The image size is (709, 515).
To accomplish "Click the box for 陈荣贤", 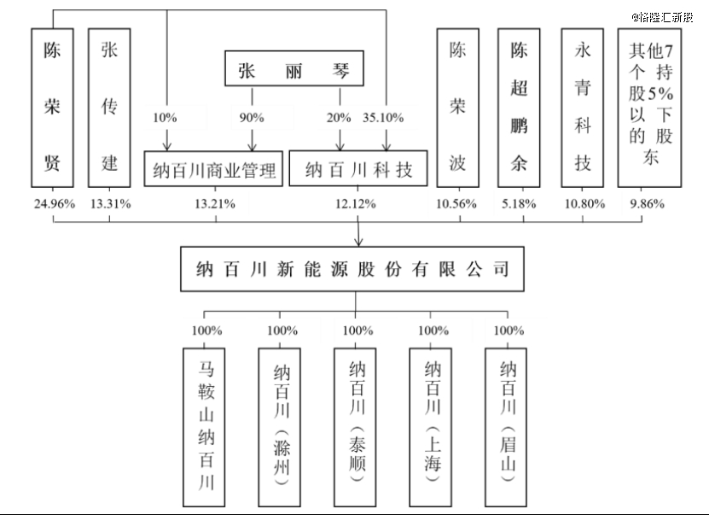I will [53, 107].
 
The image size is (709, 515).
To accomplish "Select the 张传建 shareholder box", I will [109, 107].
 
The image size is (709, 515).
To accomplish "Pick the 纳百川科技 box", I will [359, 170].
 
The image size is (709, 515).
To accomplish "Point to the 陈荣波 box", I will [459, 107].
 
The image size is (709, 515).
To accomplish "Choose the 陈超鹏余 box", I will [520, 107].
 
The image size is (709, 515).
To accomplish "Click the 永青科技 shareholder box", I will [583, 107].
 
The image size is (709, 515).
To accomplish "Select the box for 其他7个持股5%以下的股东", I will [650, 107].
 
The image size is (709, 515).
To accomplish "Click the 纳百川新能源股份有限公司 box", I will [357, 270].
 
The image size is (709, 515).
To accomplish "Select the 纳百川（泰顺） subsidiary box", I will [357, 424].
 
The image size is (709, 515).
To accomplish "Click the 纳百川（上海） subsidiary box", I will [433, 424].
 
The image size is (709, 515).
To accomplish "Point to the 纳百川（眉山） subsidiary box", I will [509, 424].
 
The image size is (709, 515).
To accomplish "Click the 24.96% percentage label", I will [53, 204].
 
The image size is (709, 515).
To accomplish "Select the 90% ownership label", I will [252, 116].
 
